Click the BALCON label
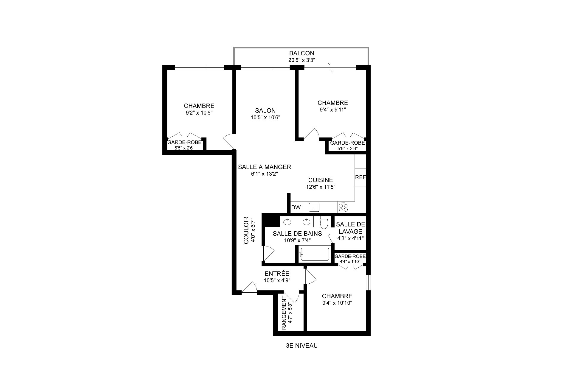[301, 53]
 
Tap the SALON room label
[265, 110]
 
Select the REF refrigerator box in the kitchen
[360, 177]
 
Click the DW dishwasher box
[296, 207]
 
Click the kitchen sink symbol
[314, 207]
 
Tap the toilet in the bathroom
[324, 222]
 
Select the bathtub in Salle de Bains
[315, 254]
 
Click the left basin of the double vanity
[287, 222]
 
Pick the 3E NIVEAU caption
[301, 346]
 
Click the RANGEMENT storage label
[284, 316]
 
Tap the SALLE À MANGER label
[264, 167]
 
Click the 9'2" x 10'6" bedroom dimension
[199, 113]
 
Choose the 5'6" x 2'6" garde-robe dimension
[347, 149]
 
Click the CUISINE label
[321, 180]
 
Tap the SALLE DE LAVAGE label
[350, 228]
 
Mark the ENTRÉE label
[277, 274]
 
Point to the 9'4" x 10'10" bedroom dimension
[337, 303]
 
